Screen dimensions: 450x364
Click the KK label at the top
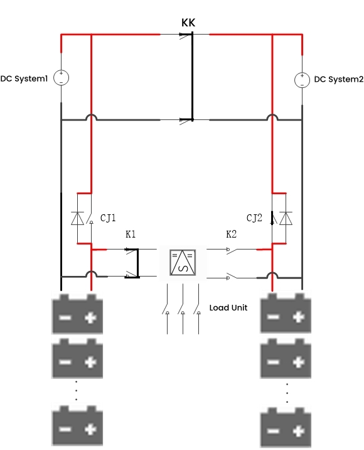pyautogui.click(x=189, y=23)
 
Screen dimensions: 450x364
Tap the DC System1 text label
pyautogui.click(x=24, y=79)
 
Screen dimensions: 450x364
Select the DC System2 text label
pyautogui.click(x=338, y=79)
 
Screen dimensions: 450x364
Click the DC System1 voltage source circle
pyautogui.click(x=61, y=78)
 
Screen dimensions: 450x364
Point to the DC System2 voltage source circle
pyautogui.click(x=302, y=80)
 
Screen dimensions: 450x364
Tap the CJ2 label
pyautogui.click(x=254, y=218)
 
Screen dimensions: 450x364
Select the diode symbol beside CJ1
pyautogui.click(x=77, y=218)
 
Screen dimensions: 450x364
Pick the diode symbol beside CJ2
pyautogui.click(x=286, y=218)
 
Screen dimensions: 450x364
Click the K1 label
pyautogui.click(x=131, y=234)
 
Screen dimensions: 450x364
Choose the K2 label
pyautogui.click(x=232, y=234)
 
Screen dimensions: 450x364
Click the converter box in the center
pyautogui.click(x=182, y=262)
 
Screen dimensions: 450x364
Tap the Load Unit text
pyautogui.click(x=228, y=308)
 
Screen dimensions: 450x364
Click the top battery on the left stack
pyautogui.click(x=77, y=314)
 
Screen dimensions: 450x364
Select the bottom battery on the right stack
pyautogui.click(x=286, y=428)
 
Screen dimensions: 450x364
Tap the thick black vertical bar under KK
pyautogui.click(x=192, y=75)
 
